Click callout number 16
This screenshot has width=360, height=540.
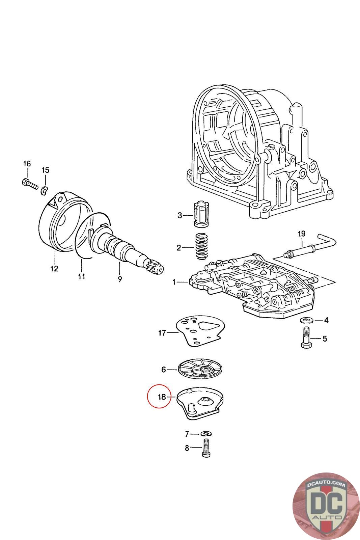pos(27,164)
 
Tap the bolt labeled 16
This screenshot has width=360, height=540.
pos(29,184)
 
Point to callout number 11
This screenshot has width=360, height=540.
pos(81,276)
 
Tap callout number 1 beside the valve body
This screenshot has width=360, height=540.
pos(174,282)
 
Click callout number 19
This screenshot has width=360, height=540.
pos(301,234)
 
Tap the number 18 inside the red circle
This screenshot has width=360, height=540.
pos(162,397)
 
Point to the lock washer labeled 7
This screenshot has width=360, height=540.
pos(205,433)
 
